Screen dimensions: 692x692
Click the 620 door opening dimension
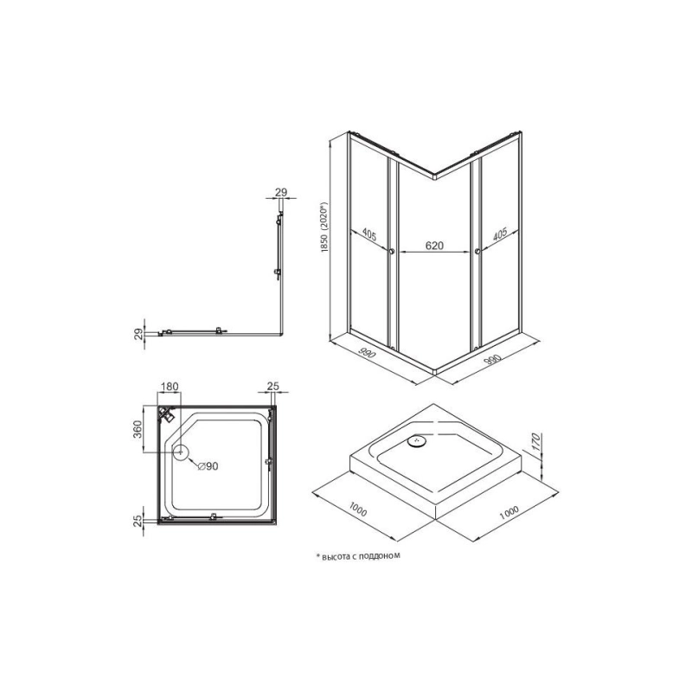click(x=434, y=246)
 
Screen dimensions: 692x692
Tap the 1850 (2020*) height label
click(x=325, y=227)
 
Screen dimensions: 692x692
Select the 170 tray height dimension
click(x=535, y=443)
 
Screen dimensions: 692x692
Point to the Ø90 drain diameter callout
click(x=208, y=465)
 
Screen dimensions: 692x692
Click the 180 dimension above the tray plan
click(x=170, y=387)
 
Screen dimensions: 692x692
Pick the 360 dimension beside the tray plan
click(x=137, y=429)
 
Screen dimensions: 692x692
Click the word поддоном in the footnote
click(x=381, y=556)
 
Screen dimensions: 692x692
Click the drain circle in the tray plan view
click(x=181, y=452)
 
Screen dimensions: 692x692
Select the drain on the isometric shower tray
click(x=417, y=440)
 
